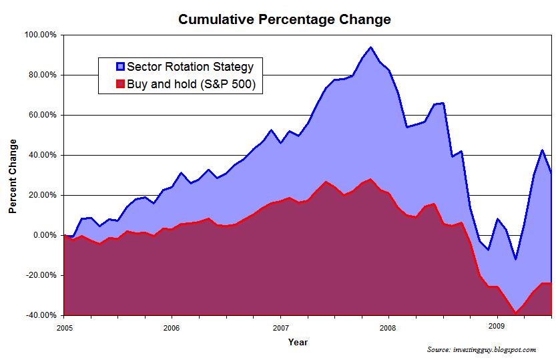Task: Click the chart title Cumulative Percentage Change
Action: click(284, 19)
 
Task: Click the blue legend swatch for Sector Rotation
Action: click(120, 67)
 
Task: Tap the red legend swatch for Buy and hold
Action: click(120, 84)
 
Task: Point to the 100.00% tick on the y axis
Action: click(40, 35)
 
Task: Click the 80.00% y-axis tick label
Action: click(41, 75)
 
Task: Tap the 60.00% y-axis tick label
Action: click(41, 115)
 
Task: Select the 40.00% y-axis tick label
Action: click(41, 155)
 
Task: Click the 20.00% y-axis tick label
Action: click(41, 195)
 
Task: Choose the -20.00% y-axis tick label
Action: click(40, 275)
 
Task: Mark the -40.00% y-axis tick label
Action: click(40, 315)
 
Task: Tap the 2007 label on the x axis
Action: click(280, 328)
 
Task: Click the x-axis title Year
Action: click(298, 342)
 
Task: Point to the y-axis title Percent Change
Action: click(13, 175)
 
